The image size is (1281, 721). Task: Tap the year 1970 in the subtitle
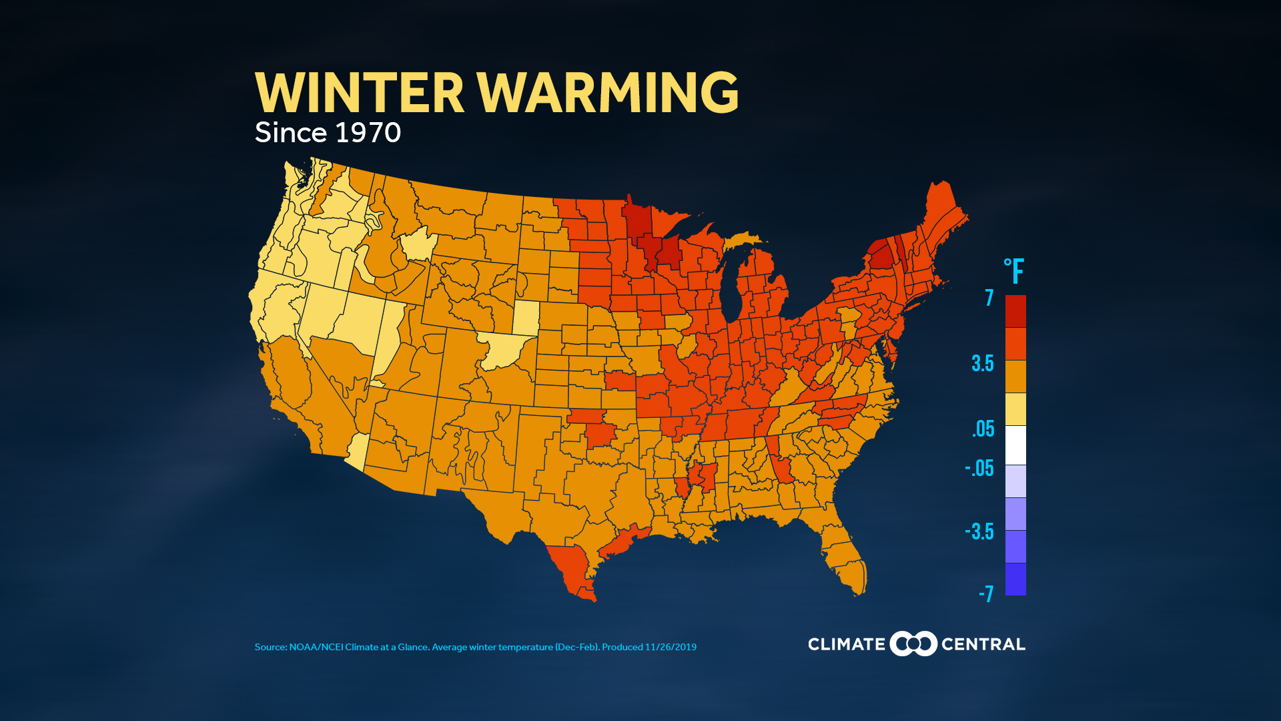[x=368, y=133]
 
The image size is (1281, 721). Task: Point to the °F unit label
[x=1013, y=272]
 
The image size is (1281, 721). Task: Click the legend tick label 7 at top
[x=989, y=298]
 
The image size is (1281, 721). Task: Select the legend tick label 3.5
[x=982, y=364]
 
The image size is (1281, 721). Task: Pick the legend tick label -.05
[x=979, y=469]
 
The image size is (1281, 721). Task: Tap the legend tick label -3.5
[x=979, y=532]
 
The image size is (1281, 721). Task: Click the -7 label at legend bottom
[x=985, y=593]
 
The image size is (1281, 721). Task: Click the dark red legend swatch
[x=1015, y=311]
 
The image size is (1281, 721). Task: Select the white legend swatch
[x=1015, y=445]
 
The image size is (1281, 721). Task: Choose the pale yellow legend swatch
[x=1015, y=409]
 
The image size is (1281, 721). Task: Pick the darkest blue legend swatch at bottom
[x=1015, y=579]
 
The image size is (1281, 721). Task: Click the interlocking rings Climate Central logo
[x=913, y=644]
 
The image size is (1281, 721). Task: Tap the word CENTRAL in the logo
[x=983, y=644]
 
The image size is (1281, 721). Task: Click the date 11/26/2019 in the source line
[x=671, y=647]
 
